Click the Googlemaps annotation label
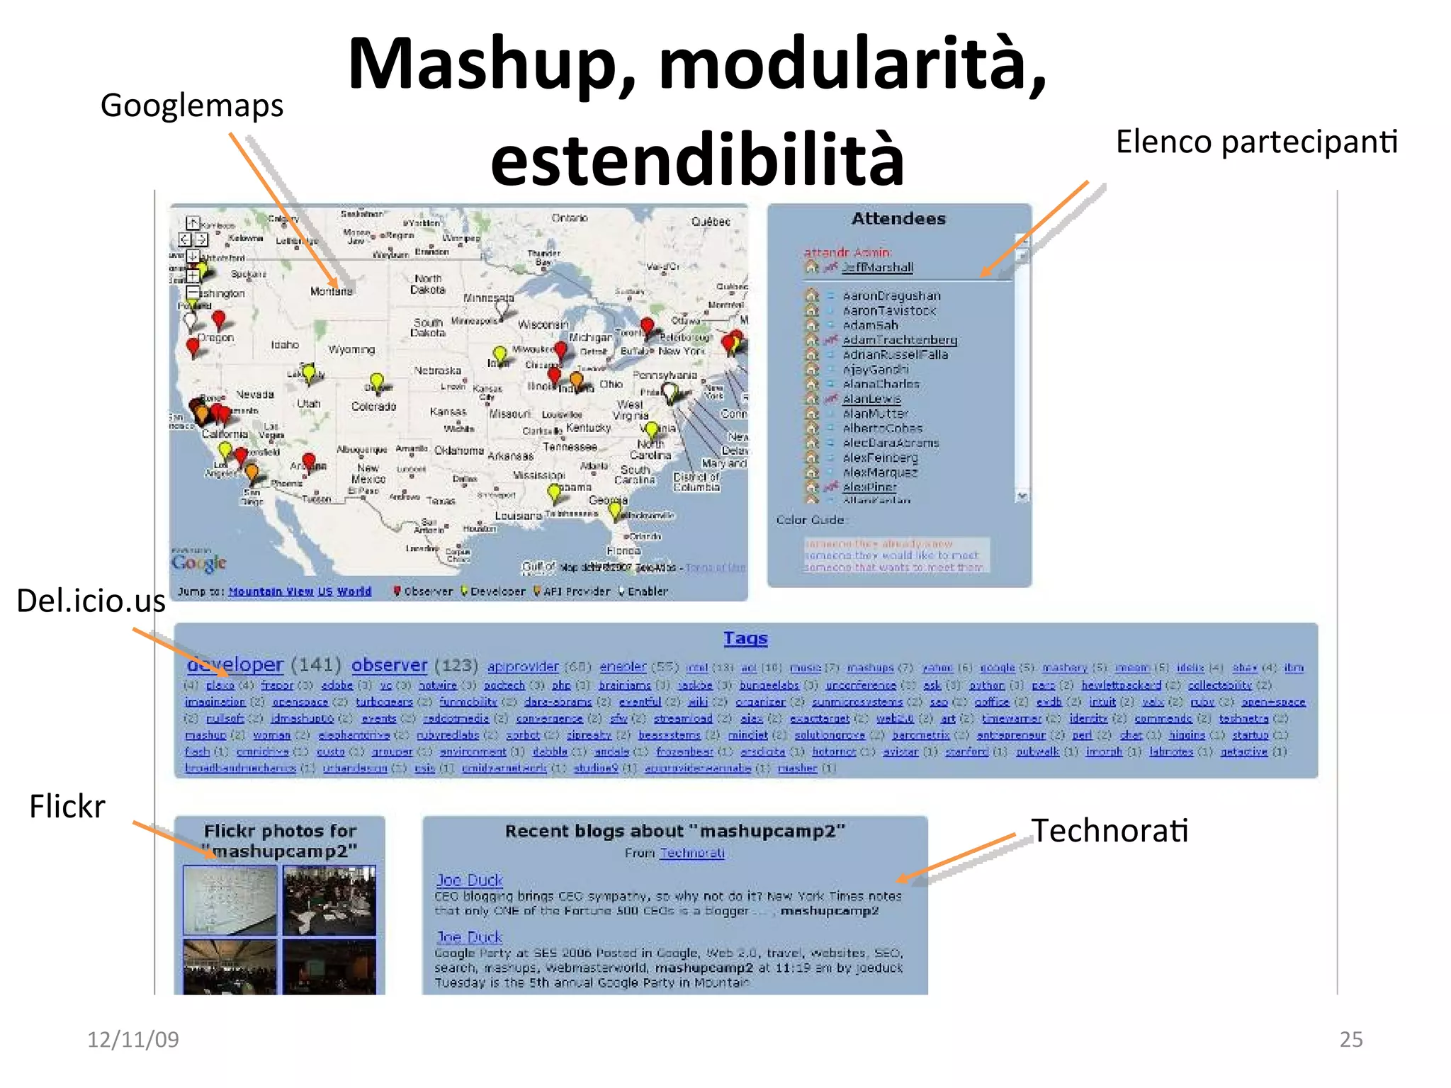pyautogui.click(x=191, y=106)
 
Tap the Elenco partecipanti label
pyautogui.click(x=1256, y=142)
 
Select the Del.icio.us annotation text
pyautogui.click(x=91, y=601)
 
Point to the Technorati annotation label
pyautogui.click(x=1110, y=830)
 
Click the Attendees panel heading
pyautogui.click(x=898, y=219)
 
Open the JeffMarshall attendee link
pyautogui.click(x=877, y=267)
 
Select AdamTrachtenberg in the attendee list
pyautogui.click(x=899, y=340)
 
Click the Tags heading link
pyautogui.click(x=745, y=638)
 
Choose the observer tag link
pyautogui.click(x=390, y=665)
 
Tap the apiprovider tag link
pyautogui.click(x=523, y=667)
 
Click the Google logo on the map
pyautogui.click(x=199, y=562)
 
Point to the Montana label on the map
pyautogui.click(x=331, y=291)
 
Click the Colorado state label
pyautogui.click(x=373, y=407)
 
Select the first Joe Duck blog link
pyautogui.click(x=469, y=880)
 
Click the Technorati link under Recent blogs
pyautogui.click(x=691, y=853)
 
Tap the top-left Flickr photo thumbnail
pyautogui.click(x=230, y=900)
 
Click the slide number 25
pyautogui.click(x=1350, y=1039)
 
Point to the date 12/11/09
pyautogui.click(x=133, y=1039)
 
